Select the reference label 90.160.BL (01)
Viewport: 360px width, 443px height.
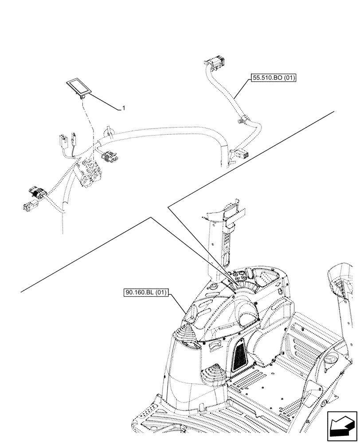(x=145, y=293)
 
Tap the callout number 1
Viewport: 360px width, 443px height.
(x=124, y=108)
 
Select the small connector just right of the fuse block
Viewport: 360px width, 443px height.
(x=109, y=156)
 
